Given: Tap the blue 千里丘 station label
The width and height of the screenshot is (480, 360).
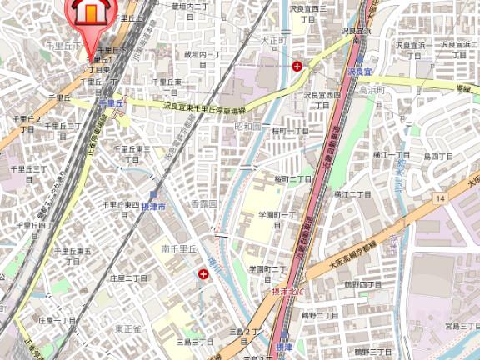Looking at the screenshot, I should (110, 102).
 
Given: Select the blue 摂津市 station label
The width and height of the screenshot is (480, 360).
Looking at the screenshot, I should (154, 205).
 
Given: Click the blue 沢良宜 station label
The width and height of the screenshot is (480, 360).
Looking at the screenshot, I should (359, 73).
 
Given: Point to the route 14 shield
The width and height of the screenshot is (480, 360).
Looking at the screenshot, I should (440, 197).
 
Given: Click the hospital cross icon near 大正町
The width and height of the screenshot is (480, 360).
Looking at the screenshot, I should (297, 64).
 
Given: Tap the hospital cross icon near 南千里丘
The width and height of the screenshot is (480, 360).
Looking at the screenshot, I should (202, 273).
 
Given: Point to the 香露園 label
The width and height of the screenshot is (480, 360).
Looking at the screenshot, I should (203, 203).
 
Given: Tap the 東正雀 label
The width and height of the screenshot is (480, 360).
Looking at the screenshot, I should (127, 328).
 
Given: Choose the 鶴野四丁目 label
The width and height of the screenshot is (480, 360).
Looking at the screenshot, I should (362, 284).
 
